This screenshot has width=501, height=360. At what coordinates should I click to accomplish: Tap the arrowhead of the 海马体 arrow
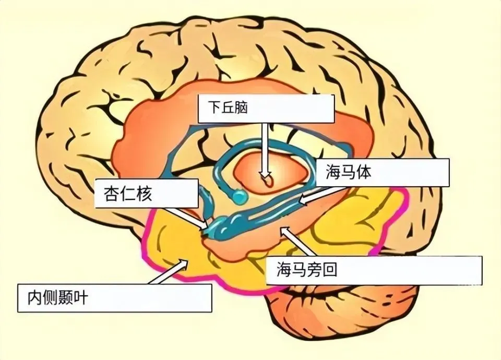click(x=302, y=201)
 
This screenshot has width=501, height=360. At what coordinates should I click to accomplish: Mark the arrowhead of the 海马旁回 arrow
click(x=282, y=230)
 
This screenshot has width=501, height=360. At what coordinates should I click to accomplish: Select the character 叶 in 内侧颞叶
click(x=82, y=298)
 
